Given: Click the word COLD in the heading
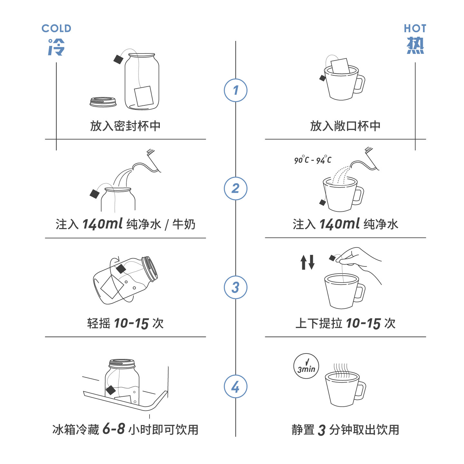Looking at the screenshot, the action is click(x=56, y=28).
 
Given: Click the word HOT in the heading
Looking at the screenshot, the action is click(x=415, y=28).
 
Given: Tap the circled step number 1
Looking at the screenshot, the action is click(x=236, y=90).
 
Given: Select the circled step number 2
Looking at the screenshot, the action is click(x=236, y=188).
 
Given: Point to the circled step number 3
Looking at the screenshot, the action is click(x=236, y=287).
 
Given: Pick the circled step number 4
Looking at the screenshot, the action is click(x=236, y=386).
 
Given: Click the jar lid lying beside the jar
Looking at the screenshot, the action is click(x=103, y=102).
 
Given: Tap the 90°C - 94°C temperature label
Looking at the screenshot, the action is click(x=312, y=160).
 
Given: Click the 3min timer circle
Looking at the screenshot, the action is click(x=306, y=366).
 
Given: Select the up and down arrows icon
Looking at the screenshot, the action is click(x=307, y=262).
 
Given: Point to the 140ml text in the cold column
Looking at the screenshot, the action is click(x=102, y=224).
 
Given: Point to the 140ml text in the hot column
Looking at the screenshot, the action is click(x=340, y=224).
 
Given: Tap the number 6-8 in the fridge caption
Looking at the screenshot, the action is click(x=114, y=429).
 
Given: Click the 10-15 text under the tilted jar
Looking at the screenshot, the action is click(x=131, y=323).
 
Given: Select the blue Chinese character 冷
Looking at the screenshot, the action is click(x=56, y=47).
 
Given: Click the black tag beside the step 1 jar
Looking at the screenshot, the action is click(x=118, y=59).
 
